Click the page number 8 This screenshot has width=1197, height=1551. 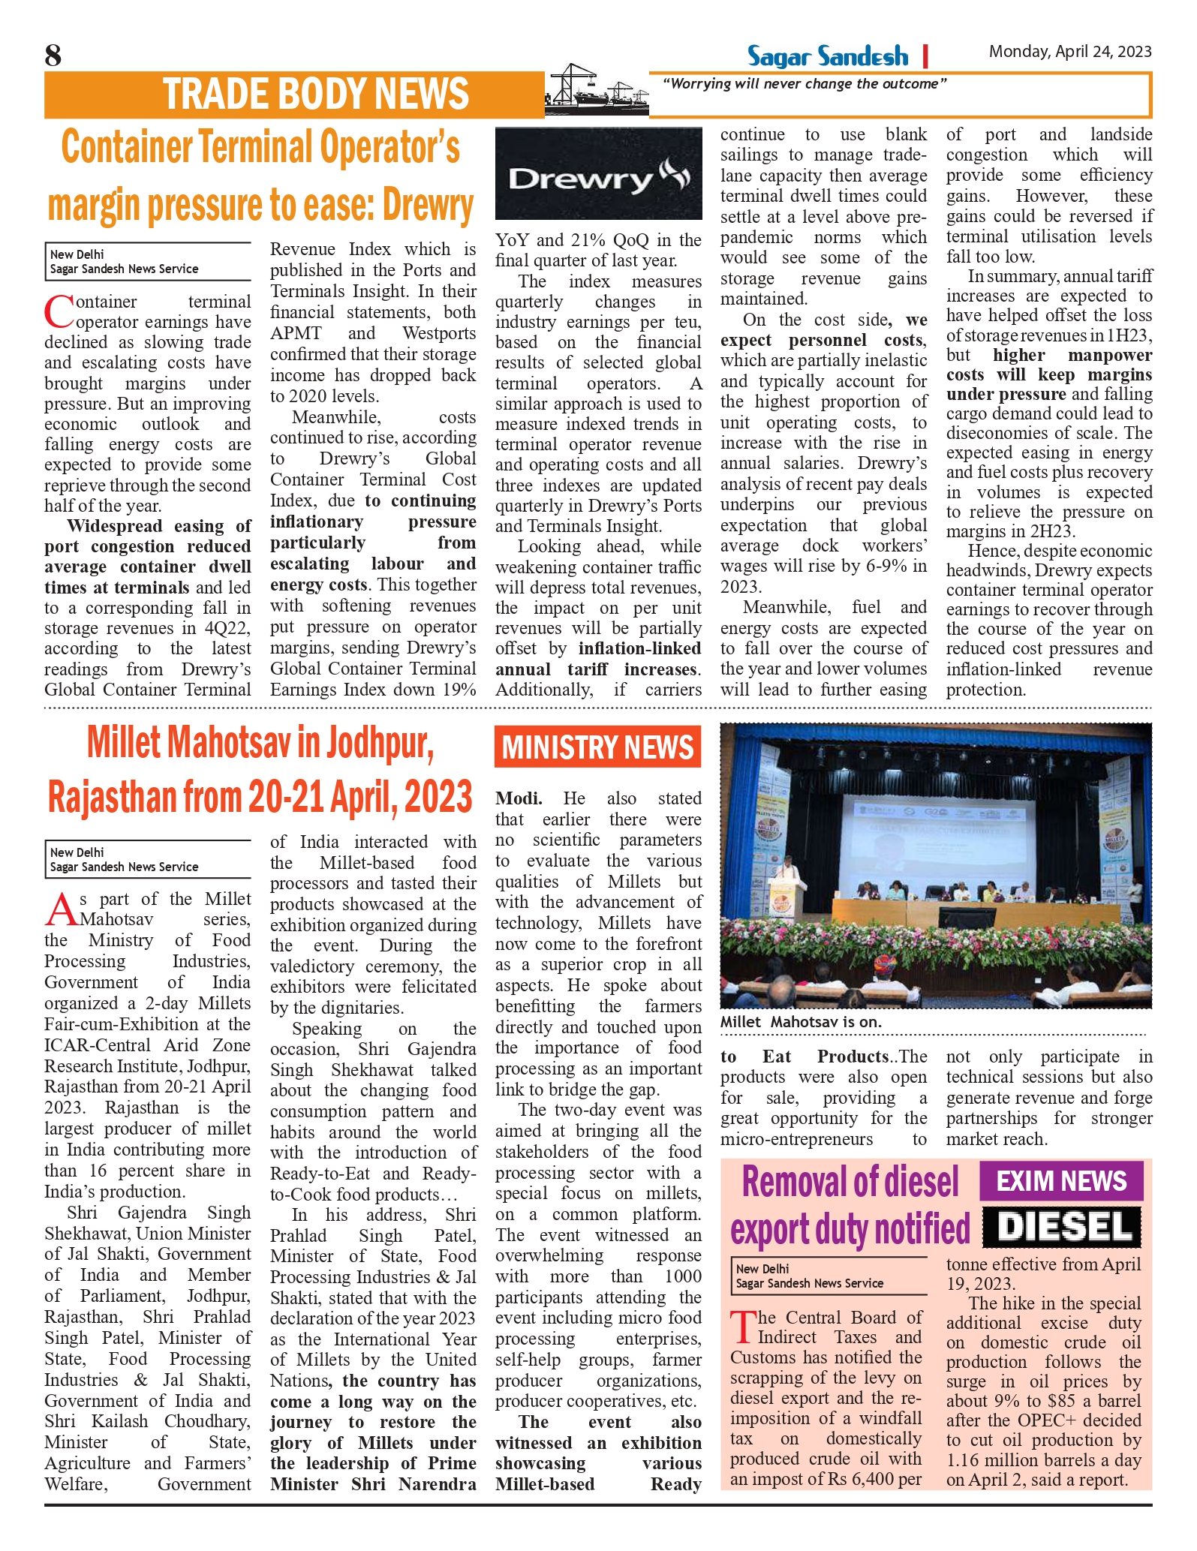53,56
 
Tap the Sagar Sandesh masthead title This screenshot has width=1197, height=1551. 827,56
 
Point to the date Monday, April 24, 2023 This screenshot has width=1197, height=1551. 1069,52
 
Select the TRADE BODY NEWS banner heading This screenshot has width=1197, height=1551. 316,95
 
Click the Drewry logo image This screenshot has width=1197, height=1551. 598,174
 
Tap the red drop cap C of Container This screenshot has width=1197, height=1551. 59,311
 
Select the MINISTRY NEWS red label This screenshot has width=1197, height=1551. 597,747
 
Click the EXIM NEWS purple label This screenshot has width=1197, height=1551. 1061,1181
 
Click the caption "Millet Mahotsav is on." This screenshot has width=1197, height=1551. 801,1022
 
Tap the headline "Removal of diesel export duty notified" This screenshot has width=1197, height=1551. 850,1206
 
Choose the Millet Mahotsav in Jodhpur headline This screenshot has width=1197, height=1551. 260,769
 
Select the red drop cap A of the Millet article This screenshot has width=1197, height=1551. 60,909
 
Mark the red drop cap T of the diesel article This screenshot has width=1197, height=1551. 743,1327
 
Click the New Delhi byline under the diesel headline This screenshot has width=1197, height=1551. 809,1276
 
